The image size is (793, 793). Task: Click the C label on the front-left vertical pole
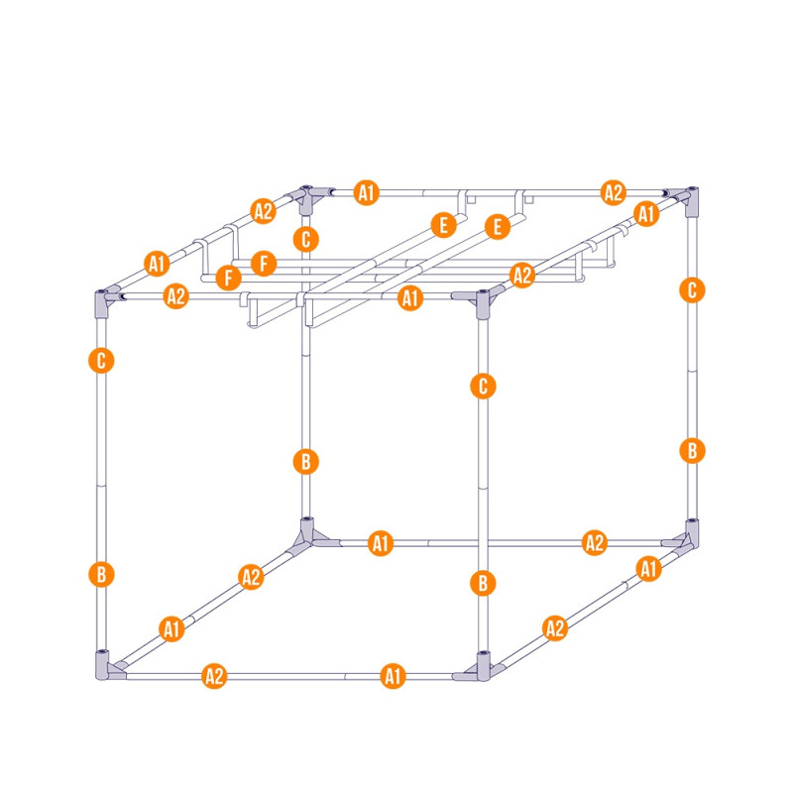click(x=101, y=361)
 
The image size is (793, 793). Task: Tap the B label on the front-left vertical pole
click(x=101, y=575)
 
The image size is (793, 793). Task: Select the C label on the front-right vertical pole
click(x=483, y=387)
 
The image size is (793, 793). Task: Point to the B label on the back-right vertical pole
click(x=692, y=450)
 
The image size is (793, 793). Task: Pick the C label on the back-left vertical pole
click(x=306, y=239)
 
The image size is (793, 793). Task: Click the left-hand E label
click(x=443, y=225)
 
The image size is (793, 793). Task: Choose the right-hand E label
click(x=498, y=227)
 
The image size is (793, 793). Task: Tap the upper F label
click(x=264, y=264)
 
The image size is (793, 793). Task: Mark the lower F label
click(x=229, y=278)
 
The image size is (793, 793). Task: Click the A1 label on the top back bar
click(x=367, y=192)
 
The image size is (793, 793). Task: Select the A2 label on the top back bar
click(x=614, y=192)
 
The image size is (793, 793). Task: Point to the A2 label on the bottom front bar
click(x=214, y=676)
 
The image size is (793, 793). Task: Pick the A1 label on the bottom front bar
click(x=393, y=676)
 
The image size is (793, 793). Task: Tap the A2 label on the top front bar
click(x=176, y=296)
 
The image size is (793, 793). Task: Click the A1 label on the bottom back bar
click(x=381, y=543)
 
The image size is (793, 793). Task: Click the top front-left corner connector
click(x=103, y=302)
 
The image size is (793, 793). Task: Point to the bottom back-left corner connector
click(x=307, y=534)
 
